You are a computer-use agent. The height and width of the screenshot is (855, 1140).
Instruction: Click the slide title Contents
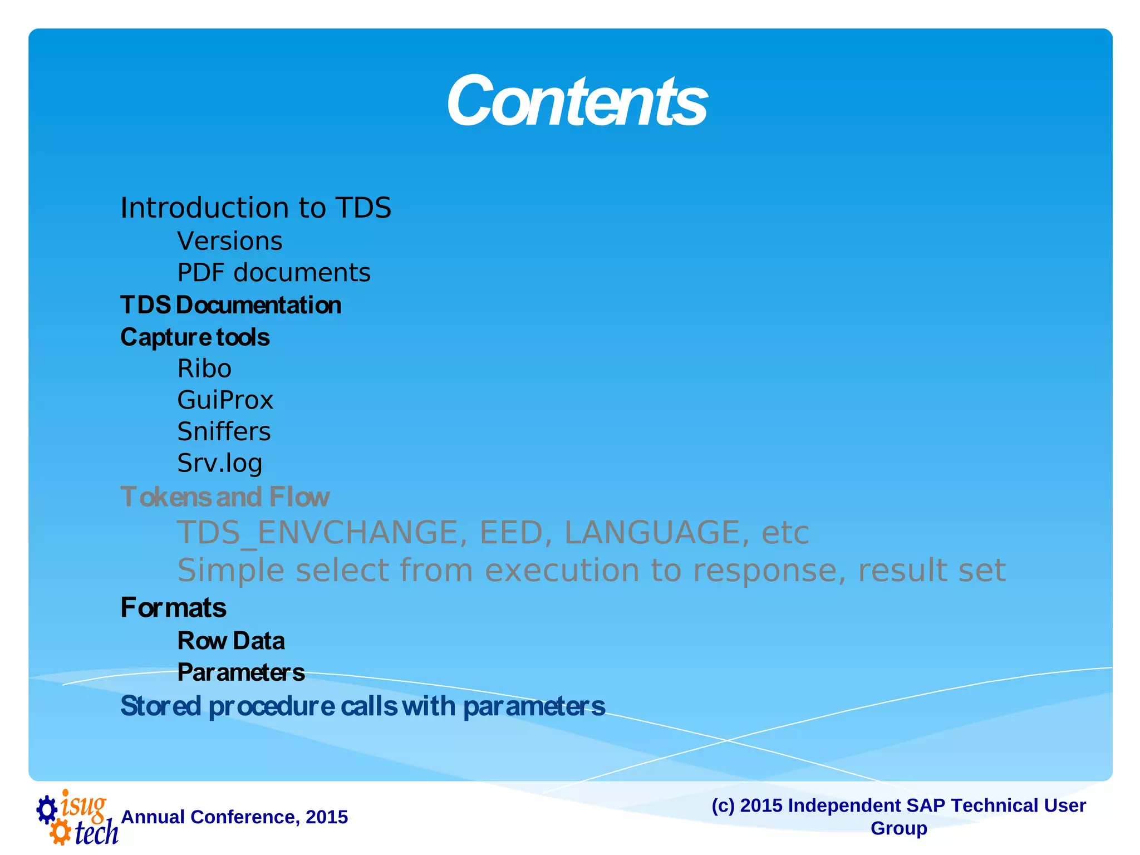click(577, 101)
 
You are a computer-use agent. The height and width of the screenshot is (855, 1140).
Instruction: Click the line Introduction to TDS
click(255, 208)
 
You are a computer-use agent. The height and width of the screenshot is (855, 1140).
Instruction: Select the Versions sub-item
click(229, 242)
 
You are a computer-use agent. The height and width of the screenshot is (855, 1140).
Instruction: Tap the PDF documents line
click(273, 273)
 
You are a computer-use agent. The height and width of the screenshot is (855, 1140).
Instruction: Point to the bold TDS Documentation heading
click(230, 305)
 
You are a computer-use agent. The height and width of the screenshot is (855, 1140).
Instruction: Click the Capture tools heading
click(195, 337)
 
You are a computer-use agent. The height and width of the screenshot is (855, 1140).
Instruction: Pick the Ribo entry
click(204, 368)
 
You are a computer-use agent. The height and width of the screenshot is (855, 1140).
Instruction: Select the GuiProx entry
click(225, 400)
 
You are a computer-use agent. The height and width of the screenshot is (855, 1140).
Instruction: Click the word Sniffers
click(224, 431)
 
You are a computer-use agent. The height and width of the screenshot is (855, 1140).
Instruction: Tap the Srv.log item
click(219, 463)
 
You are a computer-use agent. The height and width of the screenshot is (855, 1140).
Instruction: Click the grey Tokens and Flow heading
click(225, 497)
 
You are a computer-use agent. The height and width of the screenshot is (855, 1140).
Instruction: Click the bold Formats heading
click(173, 608)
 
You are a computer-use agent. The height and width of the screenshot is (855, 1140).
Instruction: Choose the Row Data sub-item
click(230, 641)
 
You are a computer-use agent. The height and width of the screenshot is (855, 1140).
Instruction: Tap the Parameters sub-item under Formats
click(240, 672)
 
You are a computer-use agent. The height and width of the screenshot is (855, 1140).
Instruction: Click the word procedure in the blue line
click(272, 706)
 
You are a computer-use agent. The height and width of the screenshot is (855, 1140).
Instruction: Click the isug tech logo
click(77, 817)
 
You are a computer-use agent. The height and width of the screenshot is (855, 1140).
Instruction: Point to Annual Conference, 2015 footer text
click(234, 817)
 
